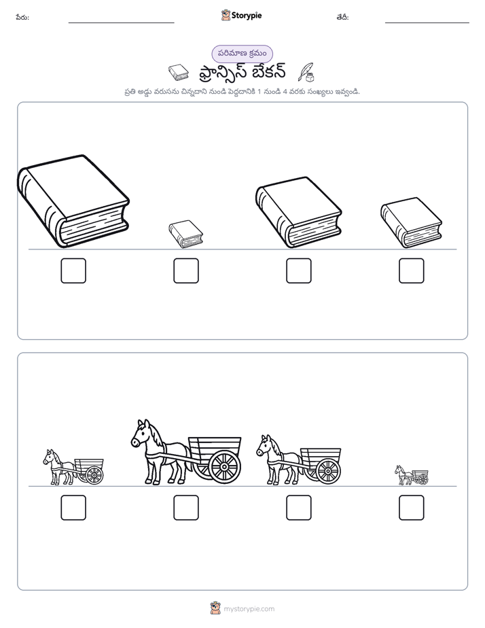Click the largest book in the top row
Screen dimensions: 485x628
tap(73, 201)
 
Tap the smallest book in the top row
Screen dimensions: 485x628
tap(185, 234)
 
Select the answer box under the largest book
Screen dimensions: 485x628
tap(73, 271)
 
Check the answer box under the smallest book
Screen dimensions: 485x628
tap(186, 271)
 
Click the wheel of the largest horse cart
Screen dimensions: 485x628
tap(224, 467)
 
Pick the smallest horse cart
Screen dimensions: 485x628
tap(412, 475)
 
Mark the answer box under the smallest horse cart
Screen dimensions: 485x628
tap(412, 508)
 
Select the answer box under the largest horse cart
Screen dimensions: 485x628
tap(186, 508)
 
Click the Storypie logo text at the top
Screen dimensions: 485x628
tap(247, 16)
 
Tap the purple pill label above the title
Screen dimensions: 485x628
tap(242, 54)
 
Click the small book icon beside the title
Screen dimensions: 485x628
tap(179, 73)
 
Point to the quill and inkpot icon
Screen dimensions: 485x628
tap(306, 73)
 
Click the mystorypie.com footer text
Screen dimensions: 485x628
tap(249, 609)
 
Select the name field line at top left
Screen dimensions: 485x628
tap(121, 23)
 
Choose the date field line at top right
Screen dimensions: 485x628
tap(427, 23)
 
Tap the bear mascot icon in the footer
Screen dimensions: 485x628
tap(215, 608)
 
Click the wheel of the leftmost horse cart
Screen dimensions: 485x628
tap(94, 475)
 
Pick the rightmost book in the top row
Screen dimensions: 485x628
tap(411, 222)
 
